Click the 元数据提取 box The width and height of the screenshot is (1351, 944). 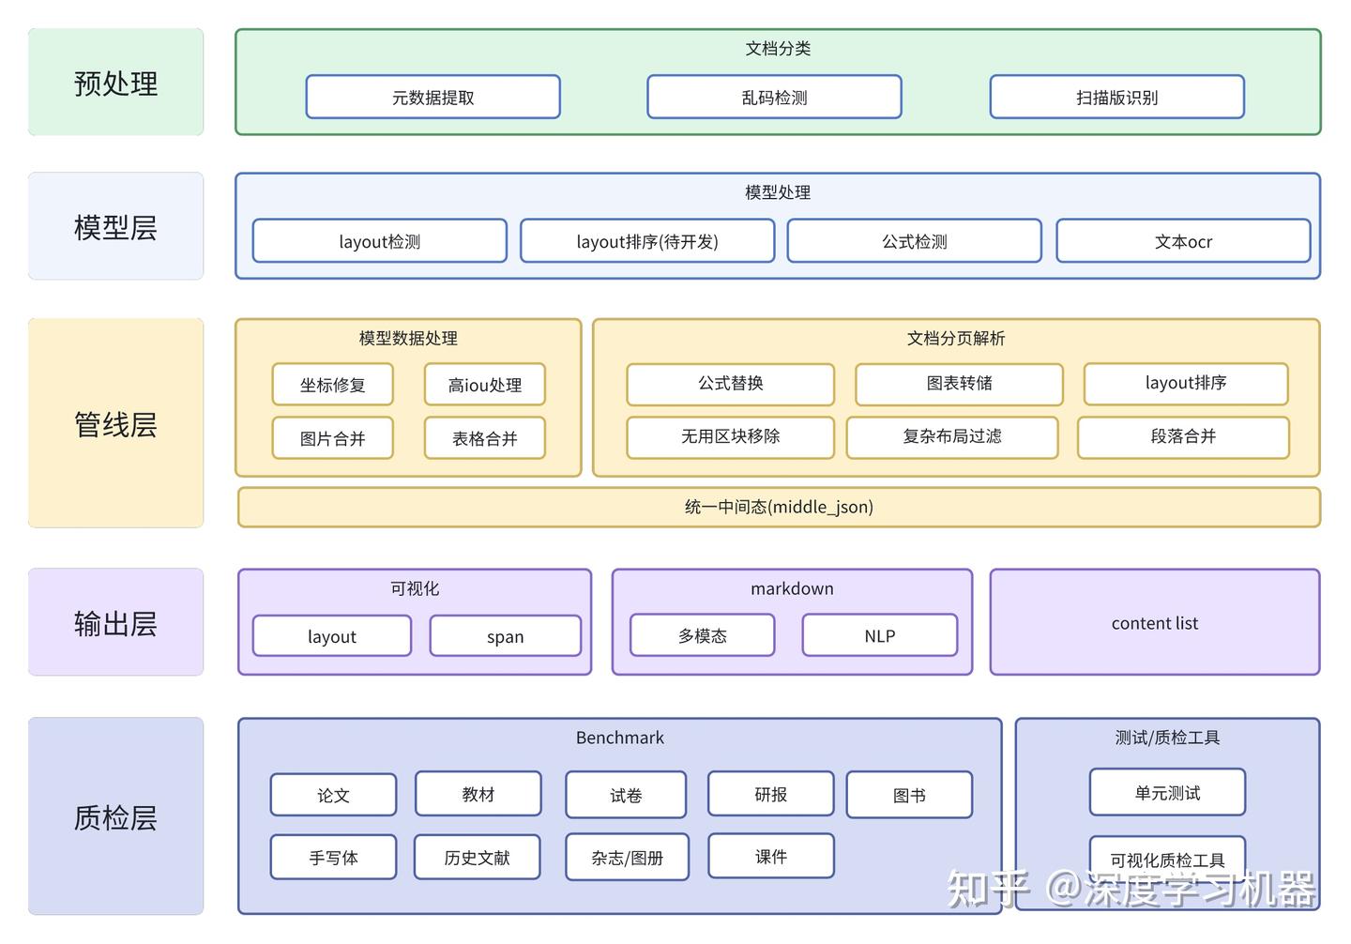click(x=433, y=98)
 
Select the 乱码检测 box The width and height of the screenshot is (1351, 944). click(x=774, y=98)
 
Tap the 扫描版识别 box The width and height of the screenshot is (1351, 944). click(x=1116, y=98)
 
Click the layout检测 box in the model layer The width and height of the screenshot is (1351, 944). click(x=379, y=241)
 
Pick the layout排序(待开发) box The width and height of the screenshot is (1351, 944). click(x=647, y=241)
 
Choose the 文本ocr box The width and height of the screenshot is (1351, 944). click(x=1183, y=241)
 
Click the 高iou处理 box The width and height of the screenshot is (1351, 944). click(x=484, y=385)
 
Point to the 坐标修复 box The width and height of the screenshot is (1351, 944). click(x=332, y=385)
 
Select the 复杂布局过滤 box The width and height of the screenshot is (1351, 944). click(x=951, y=436)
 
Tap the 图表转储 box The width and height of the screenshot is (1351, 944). click(x=959, y=383)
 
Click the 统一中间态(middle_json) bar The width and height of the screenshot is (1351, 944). click(x=779, y=507)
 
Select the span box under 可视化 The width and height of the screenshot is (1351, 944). click(x=505, y=636)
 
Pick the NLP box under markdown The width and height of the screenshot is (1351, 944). click(x=879, y=635)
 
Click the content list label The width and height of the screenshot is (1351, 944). click(x=1154, y=623)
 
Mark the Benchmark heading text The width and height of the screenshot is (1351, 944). click(x=619, y=738)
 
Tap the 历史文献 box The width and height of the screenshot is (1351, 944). click(x=477, y=857)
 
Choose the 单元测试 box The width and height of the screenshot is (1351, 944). click(x=1167, y=793)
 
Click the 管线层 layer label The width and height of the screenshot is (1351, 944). click(x=115, y=424)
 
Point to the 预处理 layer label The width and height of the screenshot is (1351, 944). click(x=115, y=84)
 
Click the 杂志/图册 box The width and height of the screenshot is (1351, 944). click(x=627, y=857)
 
